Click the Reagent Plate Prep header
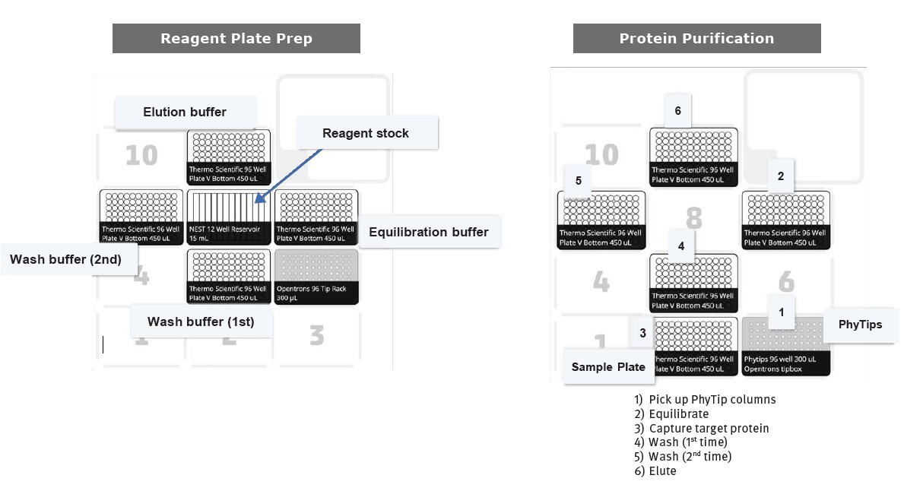[x=236, y=39]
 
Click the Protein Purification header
[x=696, y=39]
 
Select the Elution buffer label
[x=185, y=112]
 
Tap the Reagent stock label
[x=366, y=133]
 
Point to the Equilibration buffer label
[x=429, y=232]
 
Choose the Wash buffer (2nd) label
[x=65, y=259]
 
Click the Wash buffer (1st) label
[x=201, y=322]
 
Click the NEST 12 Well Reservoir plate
[x=228, y=217]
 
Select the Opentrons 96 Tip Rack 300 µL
[x=316, y=277]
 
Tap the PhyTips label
[x=860, y=325]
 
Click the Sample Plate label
[x=608, y=367]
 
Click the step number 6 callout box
[x=677, y=111]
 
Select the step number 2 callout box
[x=781, y=176]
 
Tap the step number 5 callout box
[x=579, y=181]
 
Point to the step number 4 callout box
[x=681, y=246]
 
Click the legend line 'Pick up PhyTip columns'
[x=705, y=400]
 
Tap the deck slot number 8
[x=693, y=218]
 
